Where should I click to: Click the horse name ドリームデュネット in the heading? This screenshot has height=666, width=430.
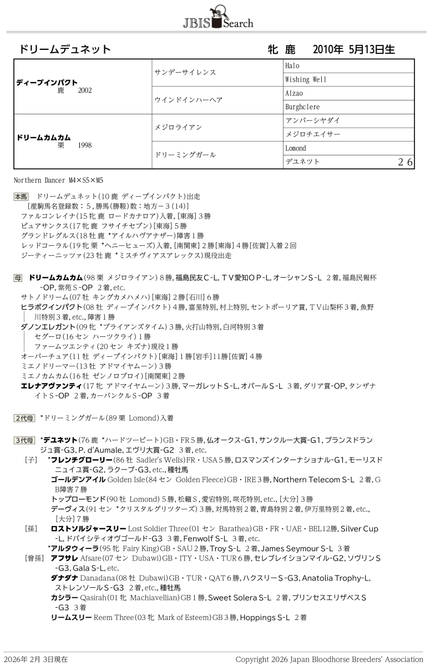click(65, 50)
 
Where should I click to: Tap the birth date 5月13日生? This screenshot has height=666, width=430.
click(372, 50)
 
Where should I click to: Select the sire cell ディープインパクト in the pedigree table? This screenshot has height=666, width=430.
click(47, 82)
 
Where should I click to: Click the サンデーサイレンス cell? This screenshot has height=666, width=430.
click(185, 73)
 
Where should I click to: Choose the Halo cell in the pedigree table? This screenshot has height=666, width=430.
click(292, 66)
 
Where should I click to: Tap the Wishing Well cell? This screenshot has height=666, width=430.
click(306, 79)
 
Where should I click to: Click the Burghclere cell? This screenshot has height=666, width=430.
click(302, 107)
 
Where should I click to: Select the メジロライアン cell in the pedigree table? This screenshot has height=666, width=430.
click(178, 128)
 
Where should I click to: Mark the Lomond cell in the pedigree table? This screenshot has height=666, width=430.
click(296, 148)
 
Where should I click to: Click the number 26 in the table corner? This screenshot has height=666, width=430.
click(405, 162)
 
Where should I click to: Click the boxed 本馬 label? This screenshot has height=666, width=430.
click(21, 196)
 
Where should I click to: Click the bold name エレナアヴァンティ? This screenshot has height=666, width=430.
click(50, 386)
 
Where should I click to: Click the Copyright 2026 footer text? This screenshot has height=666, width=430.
click(329, 659)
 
